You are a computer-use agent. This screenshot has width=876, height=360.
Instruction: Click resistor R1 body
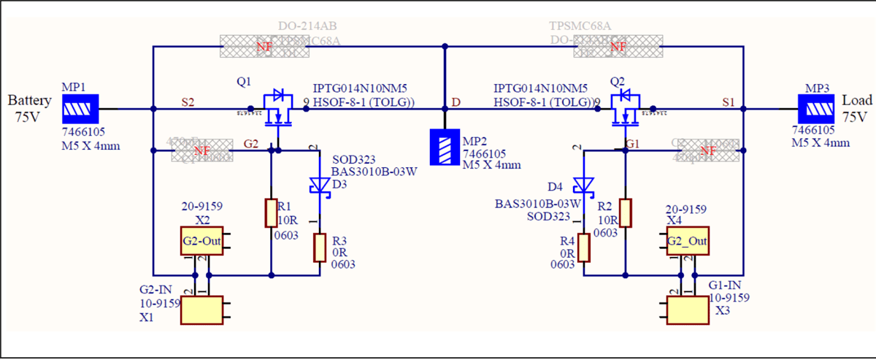coord(270,212)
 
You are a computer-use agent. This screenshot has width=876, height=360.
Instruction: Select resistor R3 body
coord(320,248)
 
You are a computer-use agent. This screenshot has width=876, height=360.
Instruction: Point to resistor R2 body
coord(625,212)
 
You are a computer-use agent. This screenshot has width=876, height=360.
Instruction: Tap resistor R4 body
coord(584,248)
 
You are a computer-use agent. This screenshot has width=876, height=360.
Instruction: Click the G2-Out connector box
coord(201,240)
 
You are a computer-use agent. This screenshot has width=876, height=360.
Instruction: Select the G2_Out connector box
coord(687,240)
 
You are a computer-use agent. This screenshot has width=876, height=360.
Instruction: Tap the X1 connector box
coord(201,310)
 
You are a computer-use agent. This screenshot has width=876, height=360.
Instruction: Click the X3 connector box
coord(687,310)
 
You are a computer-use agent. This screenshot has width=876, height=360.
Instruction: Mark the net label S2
coord(188,103)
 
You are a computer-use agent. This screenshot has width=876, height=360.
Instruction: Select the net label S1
coord(728,103)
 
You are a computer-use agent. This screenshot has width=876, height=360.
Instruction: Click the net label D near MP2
coord(456,103)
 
